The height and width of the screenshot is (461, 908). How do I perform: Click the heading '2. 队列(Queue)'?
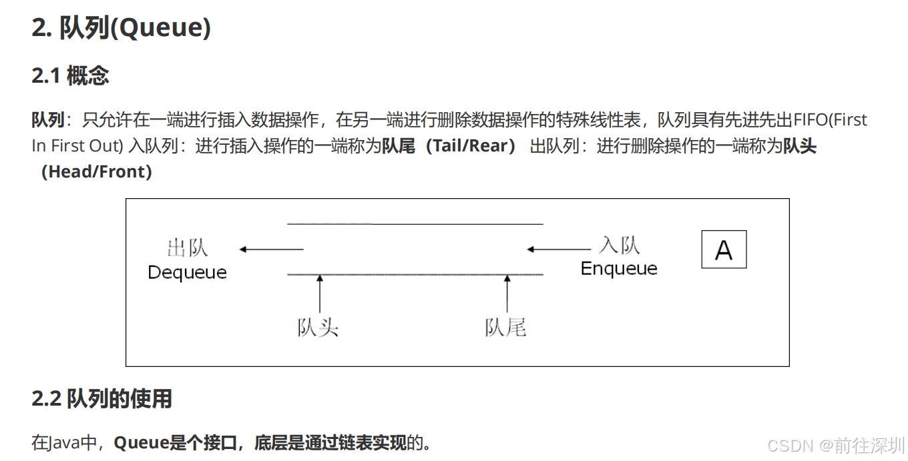tap(121, 27)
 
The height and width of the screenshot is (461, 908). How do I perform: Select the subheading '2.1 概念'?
tap(70, 75)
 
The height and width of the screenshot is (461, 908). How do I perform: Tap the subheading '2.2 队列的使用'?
tap(101, 398)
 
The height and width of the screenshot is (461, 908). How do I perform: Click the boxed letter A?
tap(724, 250)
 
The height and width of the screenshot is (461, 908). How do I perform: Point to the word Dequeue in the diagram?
tap(187, 272)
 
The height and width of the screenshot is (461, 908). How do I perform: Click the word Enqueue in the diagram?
tap(619, 268)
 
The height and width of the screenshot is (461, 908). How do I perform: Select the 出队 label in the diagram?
tap(188, 248)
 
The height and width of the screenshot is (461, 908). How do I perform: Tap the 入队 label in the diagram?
tap(620, 245)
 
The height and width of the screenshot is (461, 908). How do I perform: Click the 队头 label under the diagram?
tap(318, 328)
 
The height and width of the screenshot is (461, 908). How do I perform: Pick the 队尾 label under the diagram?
tap(505, 328)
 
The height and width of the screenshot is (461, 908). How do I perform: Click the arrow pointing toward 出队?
tap(271, 250)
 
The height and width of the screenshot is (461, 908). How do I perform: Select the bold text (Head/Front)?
tap(97, 171)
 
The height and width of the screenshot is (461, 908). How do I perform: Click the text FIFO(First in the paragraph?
tap(830, 120)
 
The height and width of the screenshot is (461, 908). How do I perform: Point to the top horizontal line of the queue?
tap(415, 224)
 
